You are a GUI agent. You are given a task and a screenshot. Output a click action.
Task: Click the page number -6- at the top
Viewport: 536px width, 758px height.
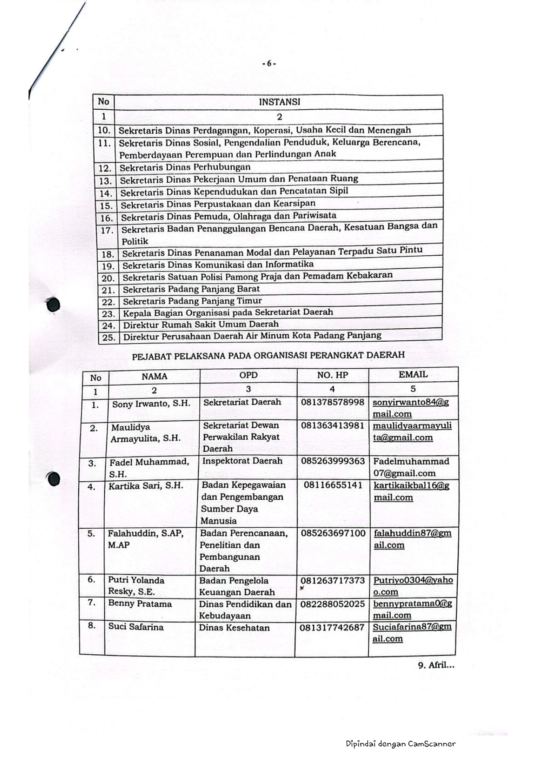pos(269,63)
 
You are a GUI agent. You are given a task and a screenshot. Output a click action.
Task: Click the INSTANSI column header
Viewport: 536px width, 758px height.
pos(279,102)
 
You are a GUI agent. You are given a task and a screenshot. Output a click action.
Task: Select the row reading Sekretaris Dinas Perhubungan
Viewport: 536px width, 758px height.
pos(185,167)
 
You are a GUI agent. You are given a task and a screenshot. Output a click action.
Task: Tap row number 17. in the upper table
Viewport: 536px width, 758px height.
pos(106,230)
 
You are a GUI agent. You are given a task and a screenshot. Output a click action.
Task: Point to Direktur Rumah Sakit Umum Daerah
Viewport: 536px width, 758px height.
pos(201,324)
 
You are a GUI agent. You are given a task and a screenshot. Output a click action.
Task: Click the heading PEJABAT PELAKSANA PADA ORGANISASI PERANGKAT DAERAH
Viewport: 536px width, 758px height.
pos(268,355)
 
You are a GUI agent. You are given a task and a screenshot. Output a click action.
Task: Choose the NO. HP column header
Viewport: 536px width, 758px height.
pos(332,375)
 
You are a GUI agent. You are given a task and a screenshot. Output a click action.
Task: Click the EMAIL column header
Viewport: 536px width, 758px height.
pos(413,374)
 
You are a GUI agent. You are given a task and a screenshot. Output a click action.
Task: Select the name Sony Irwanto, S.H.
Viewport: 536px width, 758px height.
pos(151,404)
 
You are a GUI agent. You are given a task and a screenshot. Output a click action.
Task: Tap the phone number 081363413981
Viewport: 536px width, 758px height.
pos(332,425)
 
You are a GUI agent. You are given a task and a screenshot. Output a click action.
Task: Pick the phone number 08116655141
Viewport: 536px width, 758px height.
pos(333,485)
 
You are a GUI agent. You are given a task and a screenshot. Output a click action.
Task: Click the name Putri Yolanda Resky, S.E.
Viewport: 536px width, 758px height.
pos(136,586)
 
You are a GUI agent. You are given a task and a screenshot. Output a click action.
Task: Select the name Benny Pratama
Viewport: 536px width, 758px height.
pos(140,604)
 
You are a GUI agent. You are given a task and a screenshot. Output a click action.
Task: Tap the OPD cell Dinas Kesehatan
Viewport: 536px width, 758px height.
pos(234,628)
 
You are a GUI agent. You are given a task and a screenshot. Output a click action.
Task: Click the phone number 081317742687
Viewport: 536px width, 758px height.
pos(332,627)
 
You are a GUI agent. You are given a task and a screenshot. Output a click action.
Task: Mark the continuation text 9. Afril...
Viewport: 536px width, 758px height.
pos(436,665)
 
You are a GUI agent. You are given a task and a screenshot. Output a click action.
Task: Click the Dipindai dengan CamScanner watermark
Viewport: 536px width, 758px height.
pos(400,744)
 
